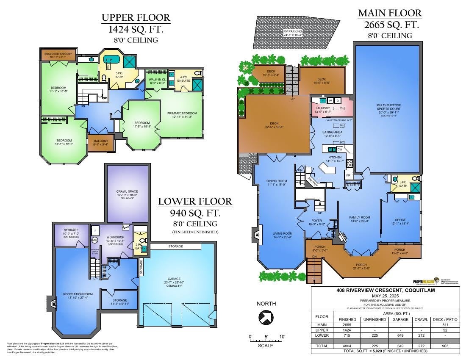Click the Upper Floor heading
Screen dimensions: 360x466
(x=136, y=18)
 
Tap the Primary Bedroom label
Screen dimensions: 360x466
(x=182, y=114)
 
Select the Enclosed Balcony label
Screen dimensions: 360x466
(x=59, y=54)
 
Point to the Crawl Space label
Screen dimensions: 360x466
(x=127, y=191)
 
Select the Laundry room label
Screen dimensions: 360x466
(x=323, y=108)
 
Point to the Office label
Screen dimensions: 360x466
(x=400, y=220)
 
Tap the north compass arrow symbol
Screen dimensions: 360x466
(x=266, y=317)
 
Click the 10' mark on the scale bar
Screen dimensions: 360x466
(x=282, y=337)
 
